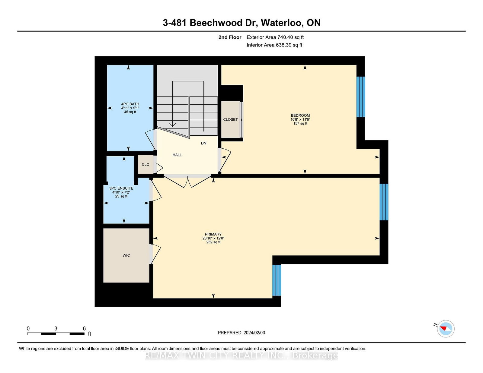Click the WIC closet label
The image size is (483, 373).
pos(126,255)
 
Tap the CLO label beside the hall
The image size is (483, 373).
pos(146,165)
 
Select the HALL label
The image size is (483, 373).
pos(177,155)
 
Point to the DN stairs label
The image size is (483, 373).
pos(203,143)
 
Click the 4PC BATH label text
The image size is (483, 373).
pos(130,104)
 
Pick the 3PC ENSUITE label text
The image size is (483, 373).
pos(121,188)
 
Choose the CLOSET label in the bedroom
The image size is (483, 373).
pos(231,119)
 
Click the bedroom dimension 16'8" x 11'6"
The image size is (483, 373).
pos(300,119)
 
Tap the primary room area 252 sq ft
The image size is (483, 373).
pos(213,242)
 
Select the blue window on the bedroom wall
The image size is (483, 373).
pos(361,97)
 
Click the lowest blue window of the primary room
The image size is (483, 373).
pos(277,280)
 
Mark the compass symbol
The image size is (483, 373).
pos(446,329)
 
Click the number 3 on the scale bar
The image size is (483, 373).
pos(56,329)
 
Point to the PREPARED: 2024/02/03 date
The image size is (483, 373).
pos(241,333)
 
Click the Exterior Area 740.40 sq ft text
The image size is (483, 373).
pos(275,37)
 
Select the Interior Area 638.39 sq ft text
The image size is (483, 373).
pos(274,45)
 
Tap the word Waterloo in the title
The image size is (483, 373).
pos(281,23)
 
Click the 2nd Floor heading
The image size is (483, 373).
pos(230,37)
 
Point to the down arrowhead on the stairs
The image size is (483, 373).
pos(172,125)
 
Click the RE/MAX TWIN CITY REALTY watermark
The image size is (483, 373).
pos(241,356)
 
